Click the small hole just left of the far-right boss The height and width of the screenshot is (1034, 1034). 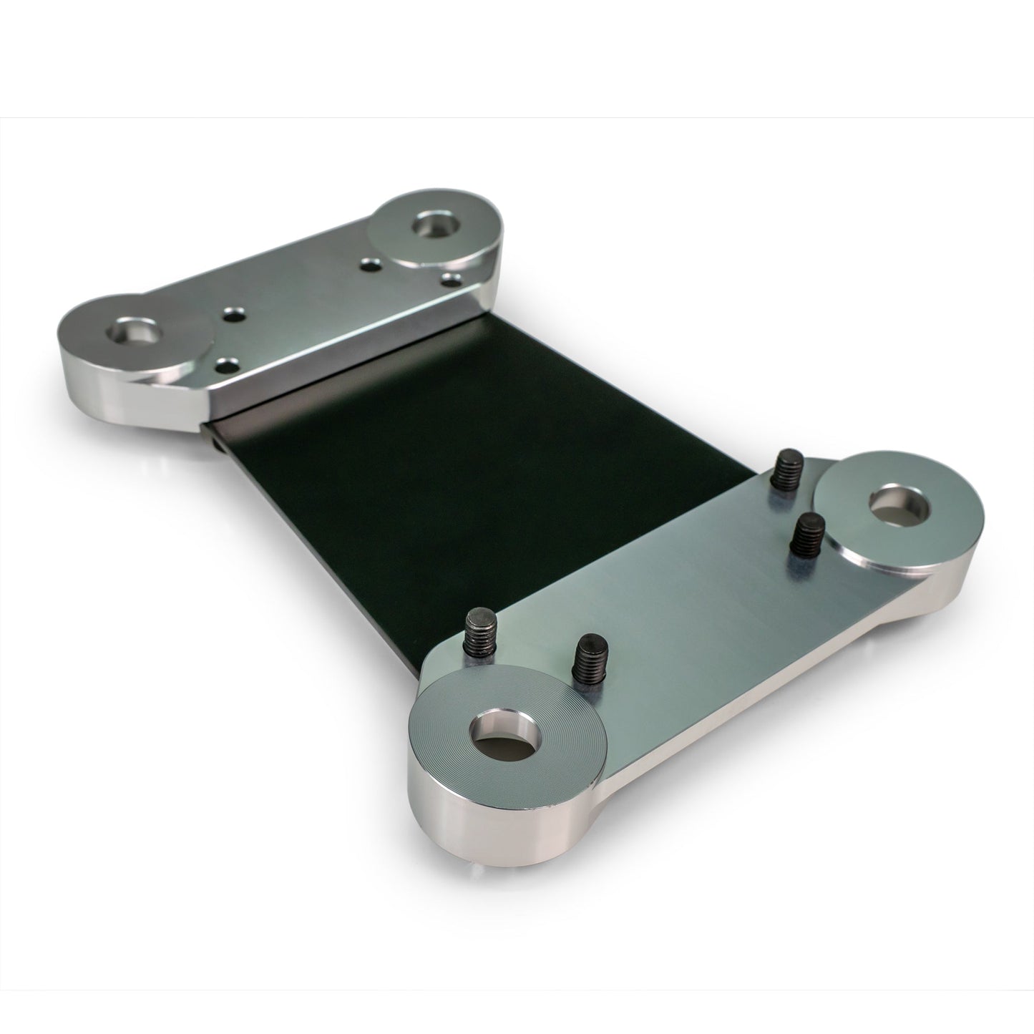370,265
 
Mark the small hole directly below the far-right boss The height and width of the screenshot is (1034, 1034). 450,278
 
